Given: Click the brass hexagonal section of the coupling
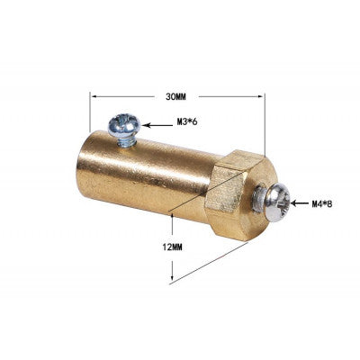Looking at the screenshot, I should pyautogui.click(x=230, y=192).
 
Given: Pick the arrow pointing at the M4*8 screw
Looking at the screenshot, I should pyautogui.click(x=298, y=202).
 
